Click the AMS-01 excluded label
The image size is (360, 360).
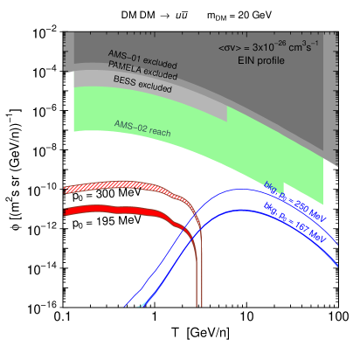click(x=142, y=59)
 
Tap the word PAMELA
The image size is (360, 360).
click(x=124, y=68)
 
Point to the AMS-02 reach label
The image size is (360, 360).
click(x=142, y=128)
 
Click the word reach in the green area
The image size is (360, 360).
click(x=160, y=132)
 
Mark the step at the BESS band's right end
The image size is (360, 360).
click(x=228, y=114)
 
